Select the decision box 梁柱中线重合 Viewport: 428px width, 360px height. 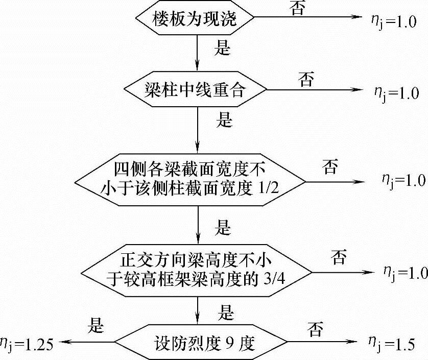click(197, 91)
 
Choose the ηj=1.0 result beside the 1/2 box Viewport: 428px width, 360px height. click(403, 180)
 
